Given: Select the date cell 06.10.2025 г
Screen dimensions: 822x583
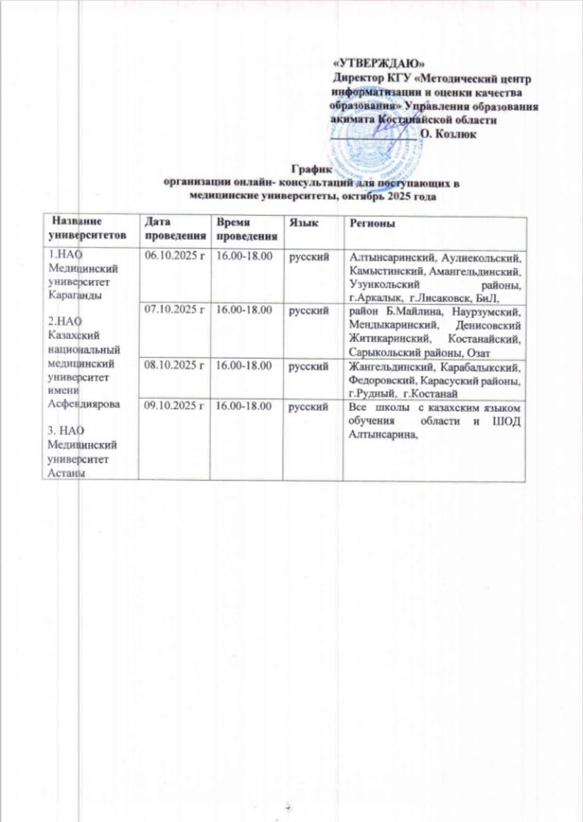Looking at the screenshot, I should pyautogui.click(x=174, y=256).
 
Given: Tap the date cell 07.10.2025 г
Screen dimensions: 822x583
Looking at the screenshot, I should pyautogui.click(x=174, y=308).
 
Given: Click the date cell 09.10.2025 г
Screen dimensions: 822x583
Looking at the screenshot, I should pyautogui.click(x=174, y=407).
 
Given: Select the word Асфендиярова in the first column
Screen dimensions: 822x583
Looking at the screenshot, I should pyautogui.click(x=82, y=403).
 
